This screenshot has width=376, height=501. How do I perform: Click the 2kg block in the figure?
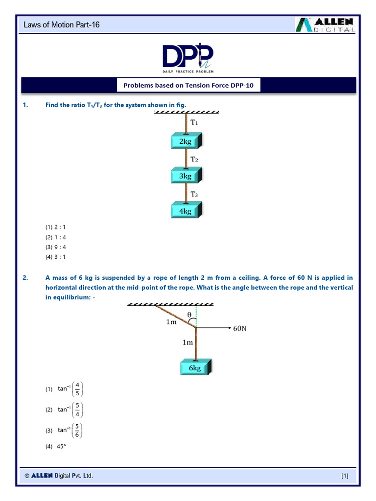tap(186, 141)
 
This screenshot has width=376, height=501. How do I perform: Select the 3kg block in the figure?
tap(186, 176)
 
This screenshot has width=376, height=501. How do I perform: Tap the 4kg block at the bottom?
tap(186, 211)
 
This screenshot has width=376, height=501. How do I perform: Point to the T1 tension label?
tap(194, 123)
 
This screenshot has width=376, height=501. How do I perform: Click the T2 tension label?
tap(194, 159)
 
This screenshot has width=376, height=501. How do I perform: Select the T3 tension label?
tap(194, 194)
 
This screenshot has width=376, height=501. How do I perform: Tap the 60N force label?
tap(240, 328)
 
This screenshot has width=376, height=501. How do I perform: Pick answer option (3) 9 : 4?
tap(56, 247)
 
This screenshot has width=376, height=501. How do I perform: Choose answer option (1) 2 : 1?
tap(56, 227)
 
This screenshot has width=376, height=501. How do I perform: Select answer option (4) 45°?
tap(56, 446)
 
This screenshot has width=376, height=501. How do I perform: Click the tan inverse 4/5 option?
tap(66, 389)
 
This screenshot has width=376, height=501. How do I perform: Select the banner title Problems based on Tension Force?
tap(188, 86)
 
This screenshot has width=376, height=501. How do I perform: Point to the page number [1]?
tap(345, 476)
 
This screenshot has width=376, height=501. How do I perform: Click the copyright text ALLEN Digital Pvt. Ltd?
tap(59, 476)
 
